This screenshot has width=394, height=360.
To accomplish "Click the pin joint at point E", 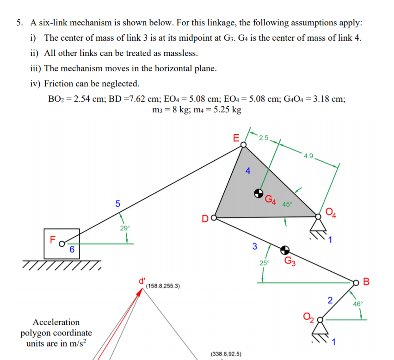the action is (244, 145).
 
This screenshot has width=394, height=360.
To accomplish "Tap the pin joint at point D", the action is (214, 217).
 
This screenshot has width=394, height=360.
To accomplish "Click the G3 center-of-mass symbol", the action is (285, 250).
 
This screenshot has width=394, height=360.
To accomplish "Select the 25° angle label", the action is (264, 263).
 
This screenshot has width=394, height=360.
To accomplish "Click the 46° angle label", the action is (358, 304).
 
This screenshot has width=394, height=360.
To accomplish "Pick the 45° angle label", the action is (287, 204).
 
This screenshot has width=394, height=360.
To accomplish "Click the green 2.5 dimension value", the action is (264, 138).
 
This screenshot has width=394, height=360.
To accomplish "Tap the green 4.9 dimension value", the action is (309, 155).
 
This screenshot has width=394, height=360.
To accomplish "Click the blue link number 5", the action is (117, 203).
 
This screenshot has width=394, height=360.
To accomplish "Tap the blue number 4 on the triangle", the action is (248, 171).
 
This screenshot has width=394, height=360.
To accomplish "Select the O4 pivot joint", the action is (319, 215).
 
